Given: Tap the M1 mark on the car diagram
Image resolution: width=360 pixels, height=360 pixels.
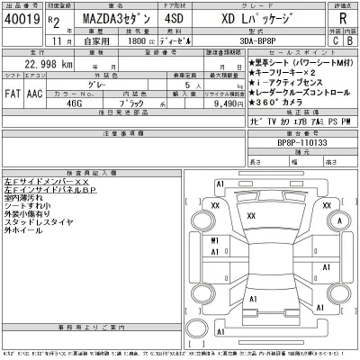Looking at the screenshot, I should [x=215, y=241].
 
